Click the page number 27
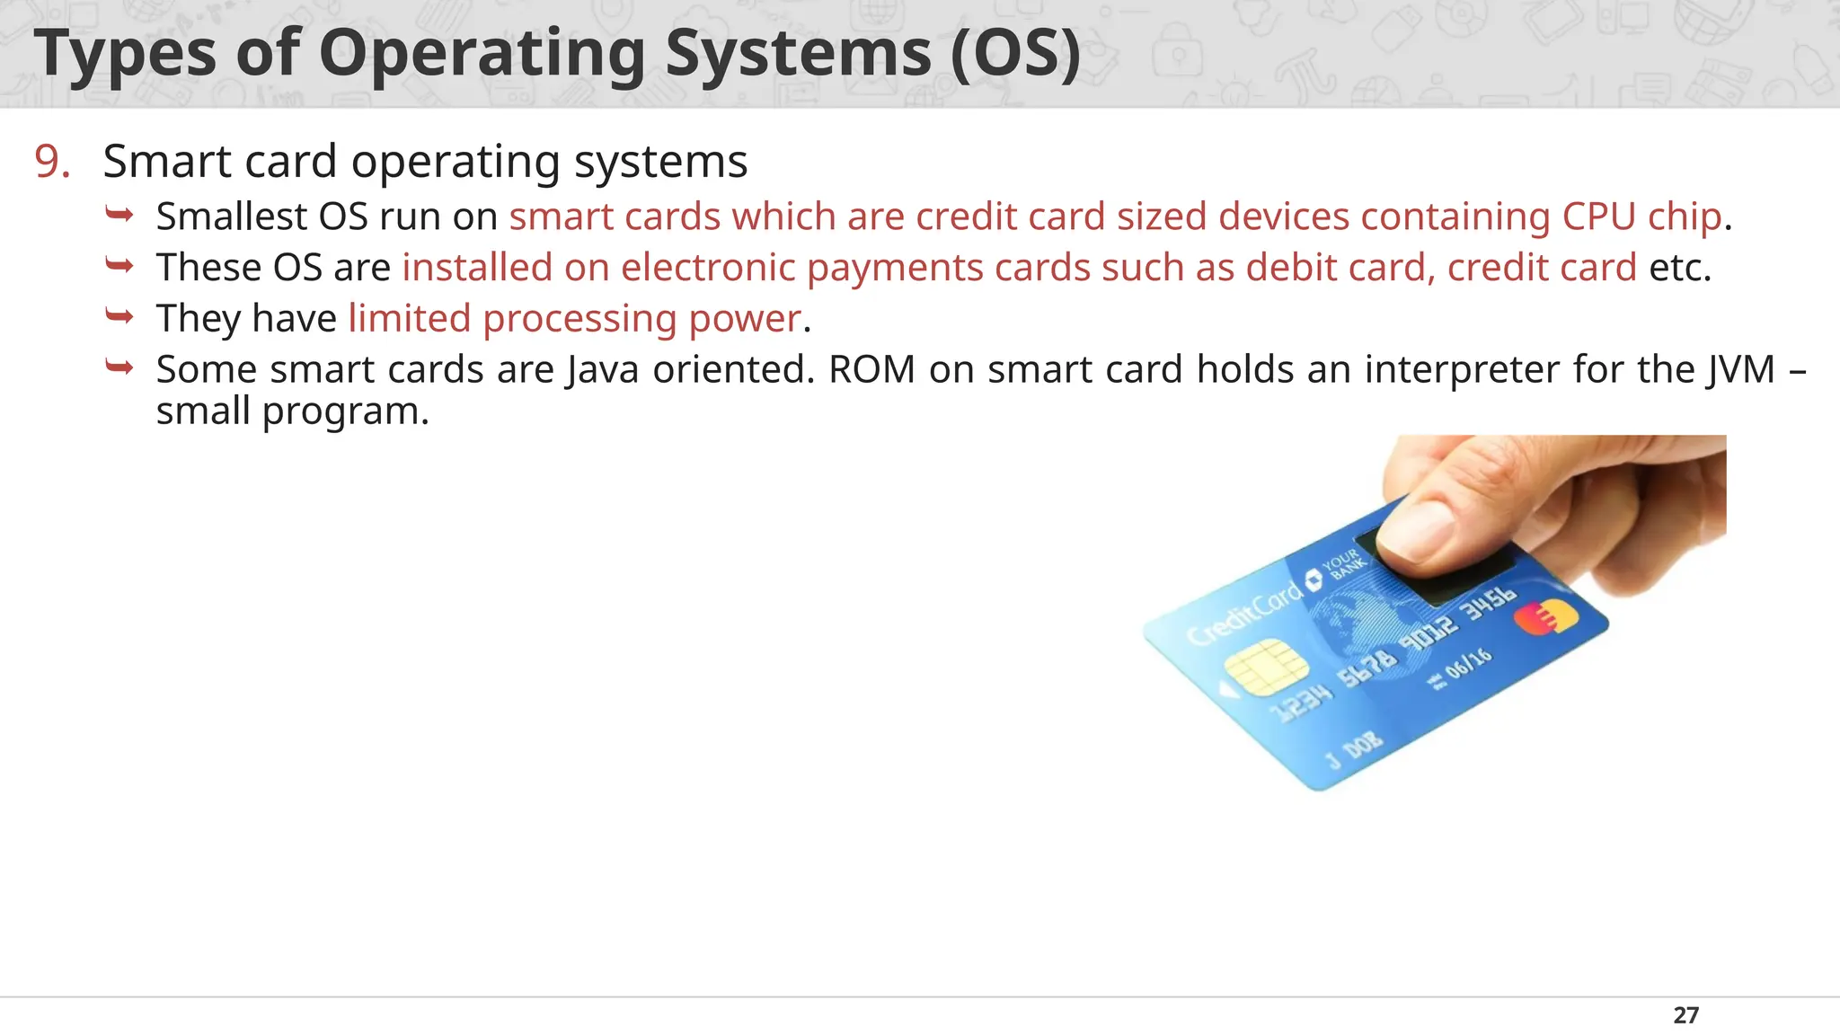point(1685,1015)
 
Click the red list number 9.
point(52,162)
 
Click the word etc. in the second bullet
point(1679,268)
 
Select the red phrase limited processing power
point(574,319)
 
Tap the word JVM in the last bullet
point(1741,369)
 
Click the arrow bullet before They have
point(119,315)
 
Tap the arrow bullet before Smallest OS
point(119,214)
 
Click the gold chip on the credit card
point(1265,667)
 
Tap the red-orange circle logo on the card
point(1544,617)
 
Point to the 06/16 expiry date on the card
point(1468,664)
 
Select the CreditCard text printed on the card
point(1244,614)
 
